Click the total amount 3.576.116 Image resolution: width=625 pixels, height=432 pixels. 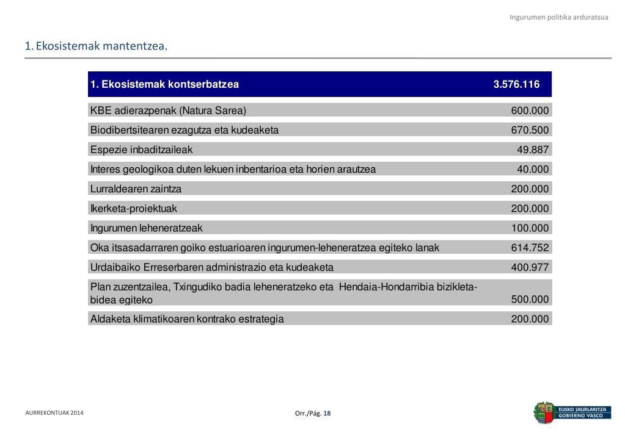[x=516, y=85]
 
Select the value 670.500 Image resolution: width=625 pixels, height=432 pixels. [x=530, y=130]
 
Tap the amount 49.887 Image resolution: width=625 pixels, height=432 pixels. [x=533, y=149]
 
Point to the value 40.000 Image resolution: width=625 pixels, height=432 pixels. [x=533, y=170]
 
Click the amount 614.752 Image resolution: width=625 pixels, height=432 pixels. [x=530, y=248]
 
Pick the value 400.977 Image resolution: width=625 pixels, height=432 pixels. [x=530, y=267]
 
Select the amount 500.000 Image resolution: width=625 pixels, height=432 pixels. [x=530, y=300]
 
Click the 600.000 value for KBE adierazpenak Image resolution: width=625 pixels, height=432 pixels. [x=530, y=110]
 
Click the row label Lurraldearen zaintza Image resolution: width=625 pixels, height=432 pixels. [x=136, y=189]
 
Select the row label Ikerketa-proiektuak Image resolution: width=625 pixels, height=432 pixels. [x=133, y=209]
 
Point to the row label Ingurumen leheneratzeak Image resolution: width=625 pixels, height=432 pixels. [x=146, y=228]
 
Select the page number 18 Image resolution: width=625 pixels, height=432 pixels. [x=327, y=413]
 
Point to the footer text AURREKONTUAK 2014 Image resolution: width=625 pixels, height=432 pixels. [x=54, y=413]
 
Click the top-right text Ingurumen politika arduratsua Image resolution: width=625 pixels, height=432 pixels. [x=559, y=17]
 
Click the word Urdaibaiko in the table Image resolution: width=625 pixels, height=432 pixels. [x=115, y=267]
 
